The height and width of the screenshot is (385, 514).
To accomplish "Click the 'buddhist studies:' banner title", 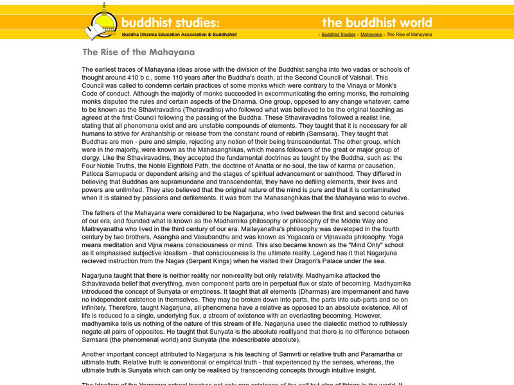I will click(170, 22).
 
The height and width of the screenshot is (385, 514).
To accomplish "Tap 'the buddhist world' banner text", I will click(377, 23).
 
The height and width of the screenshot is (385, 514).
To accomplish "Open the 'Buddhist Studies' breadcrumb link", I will click(338, 35).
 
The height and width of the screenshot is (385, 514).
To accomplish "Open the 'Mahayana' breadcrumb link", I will click(371, 35).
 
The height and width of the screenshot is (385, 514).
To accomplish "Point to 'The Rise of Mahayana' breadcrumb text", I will click(409, 35).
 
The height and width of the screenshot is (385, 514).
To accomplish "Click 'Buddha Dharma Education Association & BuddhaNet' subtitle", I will click(179, 35).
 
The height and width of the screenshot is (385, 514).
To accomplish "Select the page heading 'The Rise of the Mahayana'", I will click(138, 53).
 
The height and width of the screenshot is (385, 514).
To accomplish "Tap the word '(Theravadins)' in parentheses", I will click(184, 110).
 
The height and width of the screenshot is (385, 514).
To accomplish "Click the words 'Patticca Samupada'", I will click(107, 174).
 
